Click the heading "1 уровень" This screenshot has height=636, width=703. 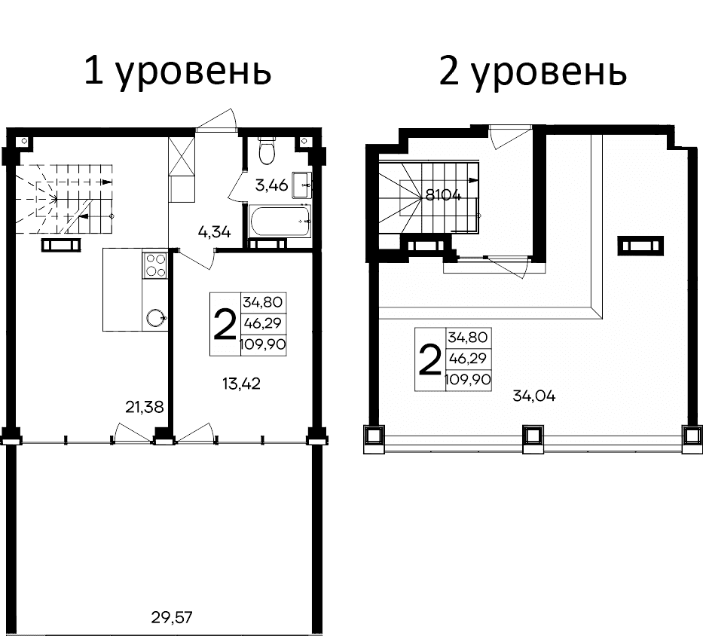click(x=177, y=72)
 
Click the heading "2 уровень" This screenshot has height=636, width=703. click(x=532, y=72)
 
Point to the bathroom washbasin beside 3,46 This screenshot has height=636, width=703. click(x=303, y=183)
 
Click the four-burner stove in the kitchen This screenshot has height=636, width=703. click(x=155, y=265)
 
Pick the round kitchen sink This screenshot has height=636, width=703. click(x=155, y=317)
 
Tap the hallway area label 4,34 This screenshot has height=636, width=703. click(x=214, y=231)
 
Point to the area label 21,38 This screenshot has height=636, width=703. click(x=143, y=408)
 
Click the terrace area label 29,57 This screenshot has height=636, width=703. click(x=172, y=619)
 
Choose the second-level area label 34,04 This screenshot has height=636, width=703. click(x=533, y=396)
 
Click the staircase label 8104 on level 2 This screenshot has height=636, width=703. click(x=443, y=194)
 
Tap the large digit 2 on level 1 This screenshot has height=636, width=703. click(x=224, y=324)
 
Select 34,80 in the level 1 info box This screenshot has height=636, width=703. click(x=262, y=302)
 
